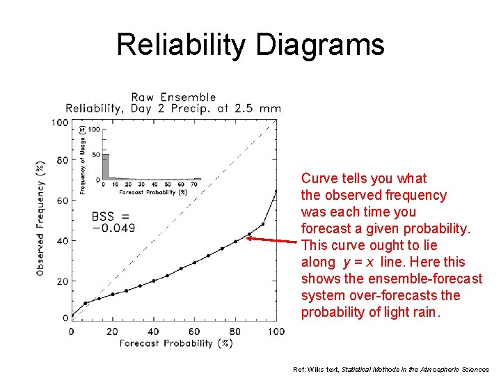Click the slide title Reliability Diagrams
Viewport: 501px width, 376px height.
pos(250,45)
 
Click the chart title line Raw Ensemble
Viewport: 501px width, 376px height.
pos(174,97)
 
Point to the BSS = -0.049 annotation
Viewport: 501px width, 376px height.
pos(113,222)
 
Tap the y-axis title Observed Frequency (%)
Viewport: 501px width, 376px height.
pos(40,219)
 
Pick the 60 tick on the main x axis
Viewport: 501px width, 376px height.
pos(194,331)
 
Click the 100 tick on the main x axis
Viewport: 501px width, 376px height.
pos(276,331)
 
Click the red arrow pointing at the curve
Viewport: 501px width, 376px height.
pos(273,240)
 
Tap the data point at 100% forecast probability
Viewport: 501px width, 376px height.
pos(276,191)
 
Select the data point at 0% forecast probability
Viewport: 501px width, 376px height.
pos(72,315)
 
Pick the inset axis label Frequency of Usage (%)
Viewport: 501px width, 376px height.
pos(83,159)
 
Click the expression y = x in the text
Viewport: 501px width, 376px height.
pos(360,262)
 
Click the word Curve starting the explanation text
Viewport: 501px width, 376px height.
pos(317,178)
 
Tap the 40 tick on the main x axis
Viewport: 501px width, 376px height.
pos(153,331)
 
